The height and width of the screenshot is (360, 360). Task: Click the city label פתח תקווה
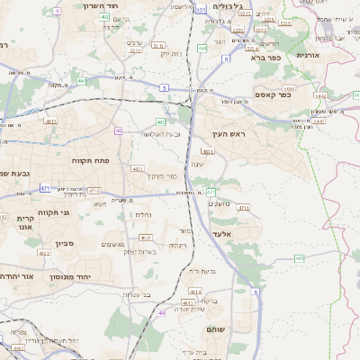(91, 159)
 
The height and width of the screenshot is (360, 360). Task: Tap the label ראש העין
(228, 133)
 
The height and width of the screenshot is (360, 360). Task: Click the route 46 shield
(161, 312)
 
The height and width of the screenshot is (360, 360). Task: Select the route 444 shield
(202, 48)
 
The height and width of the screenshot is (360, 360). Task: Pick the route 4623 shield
(145, 238)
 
